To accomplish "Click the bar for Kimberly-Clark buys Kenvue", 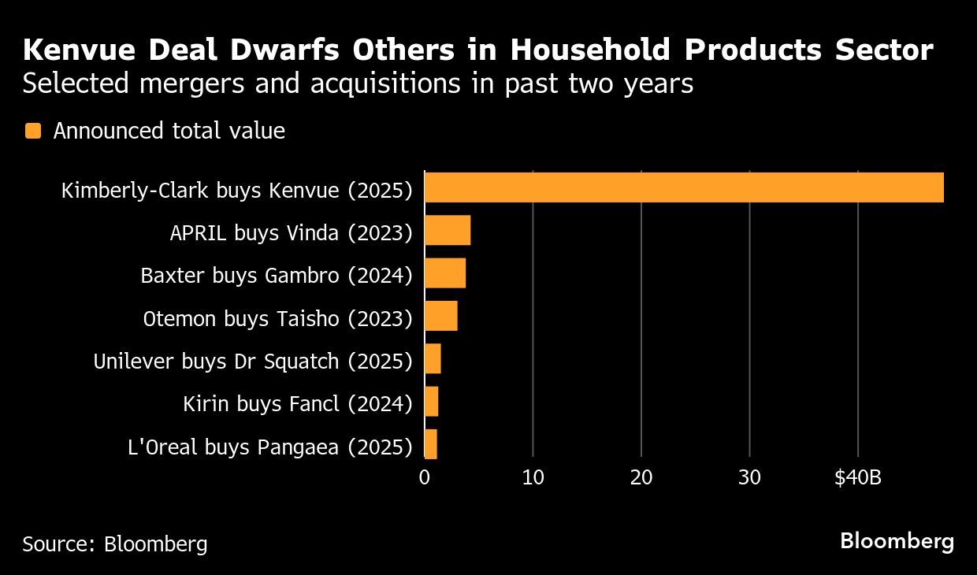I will click(684, 187).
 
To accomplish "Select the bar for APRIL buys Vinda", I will click(448, 230).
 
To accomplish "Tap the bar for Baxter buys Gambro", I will click(445, 273).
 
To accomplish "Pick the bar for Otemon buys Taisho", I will click(441, 316).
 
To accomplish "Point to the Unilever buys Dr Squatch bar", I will click(433, 359).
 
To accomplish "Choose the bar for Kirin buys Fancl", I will click(431, 402).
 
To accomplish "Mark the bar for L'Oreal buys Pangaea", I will click(431, 444).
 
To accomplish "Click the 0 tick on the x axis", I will click(425, 477).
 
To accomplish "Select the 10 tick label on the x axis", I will click(533, 477).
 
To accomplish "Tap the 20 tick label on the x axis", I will click(641, 477).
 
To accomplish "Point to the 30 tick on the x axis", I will click(750, 477).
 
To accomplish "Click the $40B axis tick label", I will click(859, 477).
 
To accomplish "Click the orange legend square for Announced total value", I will click(32, 131).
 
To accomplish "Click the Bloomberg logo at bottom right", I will click(897, 542).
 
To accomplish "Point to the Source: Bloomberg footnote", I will click(115, 543).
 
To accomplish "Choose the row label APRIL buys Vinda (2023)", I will click(292, 232).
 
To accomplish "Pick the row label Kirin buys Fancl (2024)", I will click(298, 404).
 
